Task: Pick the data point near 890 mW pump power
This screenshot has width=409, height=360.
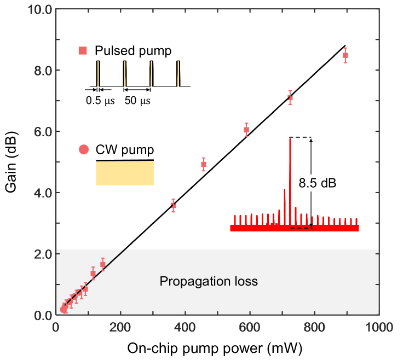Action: [345, 55]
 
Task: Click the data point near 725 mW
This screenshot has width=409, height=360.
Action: [290, 98]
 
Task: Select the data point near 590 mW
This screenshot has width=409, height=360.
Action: [246, 130]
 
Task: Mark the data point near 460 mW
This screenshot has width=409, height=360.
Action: [204, 164]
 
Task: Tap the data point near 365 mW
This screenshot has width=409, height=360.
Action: [173, 205]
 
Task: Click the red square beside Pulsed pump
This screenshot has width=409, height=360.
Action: [83, 51]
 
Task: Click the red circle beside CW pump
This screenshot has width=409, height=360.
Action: [83, 149]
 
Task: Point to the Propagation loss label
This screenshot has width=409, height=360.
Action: [208, 282]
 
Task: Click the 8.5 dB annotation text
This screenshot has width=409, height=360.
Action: [317, 184]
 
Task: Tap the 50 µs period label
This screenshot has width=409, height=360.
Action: [137, 101]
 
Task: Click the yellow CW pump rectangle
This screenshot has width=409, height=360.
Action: [125, 173]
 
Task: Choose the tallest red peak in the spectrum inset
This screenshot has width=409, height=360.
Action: [290, 181]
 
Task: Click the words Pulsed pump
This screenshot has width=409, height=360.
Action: [133, 51]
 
